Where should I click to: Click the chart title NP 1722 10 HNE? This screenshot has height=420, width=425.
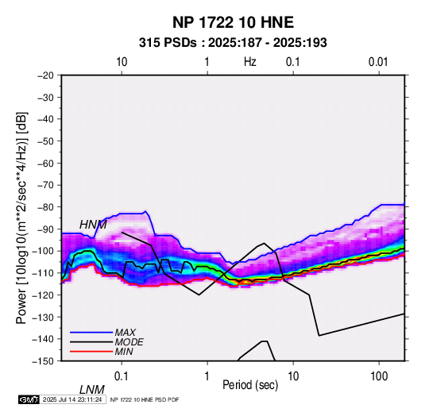(233, 22)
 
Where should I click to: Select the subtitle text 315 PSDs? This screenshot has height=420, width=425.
(168, 43)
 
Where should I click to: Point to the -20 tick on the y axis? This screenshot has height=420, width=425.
(45, 75)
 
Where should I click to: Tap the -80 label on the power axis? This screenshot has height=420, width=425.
(45, 207)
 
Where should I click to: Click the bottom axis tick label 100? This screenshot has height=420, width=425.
(379, 376)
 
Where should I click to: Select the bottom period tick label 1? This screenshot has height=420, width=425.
(207, 376)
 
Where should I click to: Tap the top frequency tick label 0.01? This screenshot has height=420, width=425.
(378, 62)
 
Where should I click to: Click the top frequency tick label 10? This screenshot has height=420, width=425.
(122, 62)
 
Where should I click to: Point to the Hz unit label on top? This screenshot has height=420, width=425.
(250, 62)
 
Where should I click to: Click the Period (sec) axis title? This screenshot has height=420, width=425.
(250, 385)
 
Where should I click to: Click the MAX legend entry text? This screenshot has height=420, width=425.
(126, 332)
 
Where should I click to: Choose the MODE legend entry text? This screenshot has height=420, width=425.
(129, 342)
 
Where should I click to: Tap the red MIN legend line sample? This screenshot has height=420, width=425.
(91, 352)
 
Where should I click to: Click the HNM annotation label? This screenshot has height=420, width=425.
(93, 225)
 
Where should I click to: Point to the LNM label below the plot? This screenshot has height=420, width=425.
(91, 390)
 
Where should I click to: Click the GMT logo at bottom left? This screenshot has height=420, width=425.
(29, 399)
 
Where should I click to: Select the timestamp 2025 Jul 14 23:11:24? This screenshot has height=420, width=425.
(72, 399)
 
